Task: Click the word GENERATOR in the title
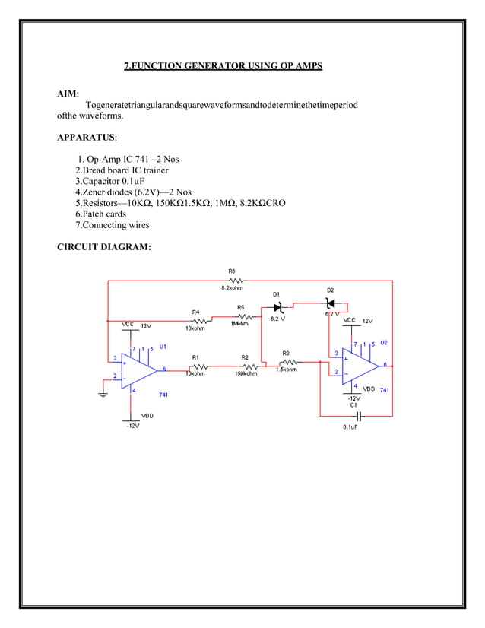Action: (x=207, y=66)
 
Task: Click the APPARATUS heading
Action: (x=87, y=138)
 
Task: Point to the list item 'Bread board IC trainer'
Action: (x=121, y=170)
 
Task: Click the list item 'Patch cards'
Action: (x=100, y=214)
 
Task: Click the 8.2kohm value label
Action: (x=232, y=289)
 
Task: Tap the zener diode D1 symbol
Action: (x=277, y=307)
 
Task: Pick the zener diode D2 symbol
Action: (x=330, y=303)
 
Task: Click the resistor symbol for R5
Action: (x=241, y=316)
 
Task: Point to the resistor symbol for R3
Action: (x=287, y=362)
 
